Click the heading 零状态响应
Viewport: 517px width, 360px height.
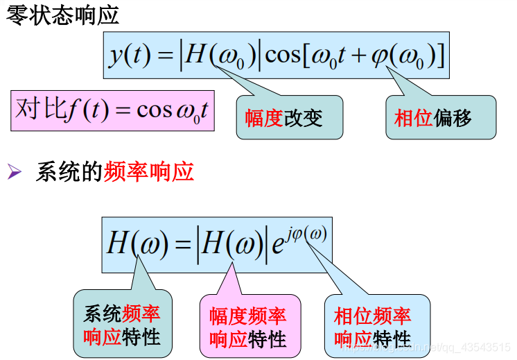coord(63,15)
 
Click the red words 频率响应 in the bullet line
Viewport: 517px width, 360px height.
coord(148,171)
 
